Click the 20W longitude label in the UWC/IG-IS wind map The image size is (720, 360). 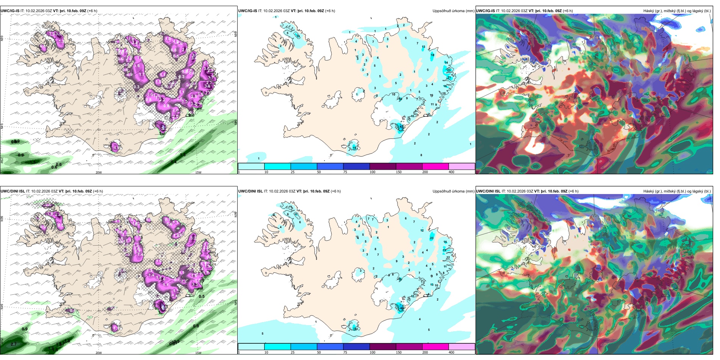tap(99, 172)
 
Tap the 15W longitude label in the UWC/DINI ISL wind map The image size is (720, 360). tap(198, 353)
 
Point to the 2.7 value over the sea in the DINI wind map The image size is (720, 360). tap(14, 344)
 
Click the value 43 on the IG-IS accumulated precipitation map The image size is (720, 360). tap(401, 127)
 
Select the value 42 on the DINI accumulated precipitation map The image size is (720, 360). tap(401, 308)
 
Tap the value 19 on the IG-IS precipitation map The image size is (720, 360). tap(355, 147)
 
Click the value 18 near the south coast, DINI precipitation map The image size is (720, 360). tap(355, 329)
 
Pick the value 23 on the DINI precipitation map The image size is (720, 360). tap(432, 238)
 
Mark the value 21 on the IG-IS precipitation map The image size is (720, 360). tap(450, 78)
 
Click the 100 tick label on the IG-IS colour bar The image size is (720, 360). tap(373, 172)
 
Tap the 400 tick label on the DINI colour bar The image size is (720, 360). tap(451, 352)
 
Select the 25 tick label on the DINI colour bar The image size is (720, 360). tap(293, 352)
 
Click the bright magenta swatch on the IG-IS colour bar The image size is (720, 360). tap(435, 166)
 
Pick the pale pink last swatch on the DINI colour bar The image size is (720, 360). tap(462, 347)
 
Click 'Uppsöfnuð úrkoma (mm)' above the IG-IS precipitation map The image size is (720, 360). tap(453, 11)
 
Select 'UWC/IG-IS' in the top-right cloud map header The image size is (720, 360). tap(485, 11)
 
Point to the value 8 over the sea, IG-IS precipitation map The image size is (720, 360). tap(421, 155)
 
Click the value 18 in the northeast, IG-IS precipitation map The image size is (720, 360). tap(432, 55)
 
